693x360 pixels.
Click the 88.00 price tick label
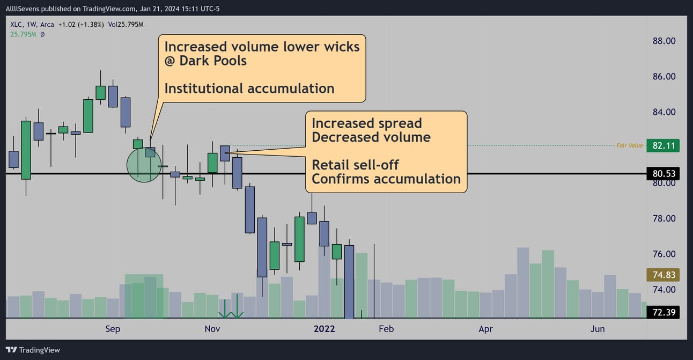(x=664, y=41)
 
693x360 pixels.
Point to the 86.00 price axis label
(x=664, y=77)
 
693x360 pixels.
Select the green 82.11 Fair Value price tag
(x=663, y=145)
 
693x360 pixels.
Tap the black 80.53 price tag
(x=663, y=174)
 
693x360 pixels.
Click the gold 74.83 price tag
(x=663, y=275)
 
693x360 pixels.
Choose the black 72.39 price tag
(x=663, y=312)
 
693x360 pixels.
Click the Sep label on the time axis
(x=113, y=329)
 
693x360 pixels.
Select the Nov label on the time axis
(x=212, y=329)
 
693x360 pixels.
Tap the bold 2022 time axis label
(x=324, y=329)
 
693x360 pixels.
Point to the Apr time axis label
(x=486, y=329)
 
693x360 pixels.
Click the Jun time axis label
(x=598, y=329)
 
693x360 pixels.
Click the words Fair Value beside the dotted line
(x=630, y=145)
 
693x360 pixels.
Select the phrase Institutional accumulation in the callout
(x=249, y=89)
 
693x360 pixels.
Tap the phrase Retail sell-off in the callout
(x=355, y=165)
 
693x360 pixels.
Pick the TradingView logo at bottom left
(x=33, y=350)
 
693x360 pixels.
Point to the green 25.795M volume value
(x=23, y=34)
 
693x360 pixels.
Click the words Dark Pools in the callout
(x=213, y=61)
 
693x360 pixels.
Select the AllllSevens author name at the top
(x=23, y=9)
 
